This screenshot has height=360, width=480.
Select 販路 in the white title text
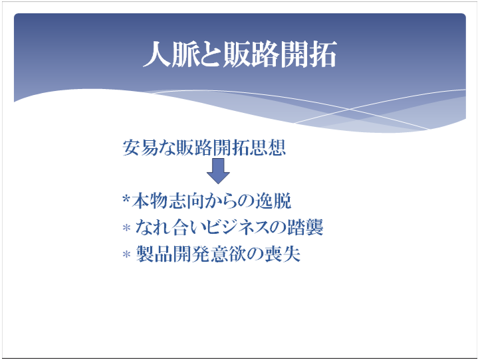coord(251,54)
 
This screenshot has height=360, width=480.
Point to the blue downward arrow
coord(218,171)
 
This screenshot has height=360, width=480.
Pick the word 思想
coord(267,147)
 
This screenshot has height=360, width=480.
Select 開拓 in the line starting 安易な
coord(231,147)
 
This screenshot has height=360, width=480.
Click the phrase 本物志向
coord(168,201)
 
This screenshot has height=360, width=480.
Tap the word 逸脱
coord(273,201)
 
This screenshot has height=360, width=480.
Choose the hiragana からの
coord(229,201)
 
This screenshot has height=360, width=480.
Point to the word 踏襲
coord(305,227)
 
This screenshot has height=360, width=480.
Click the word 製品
coord(154,254)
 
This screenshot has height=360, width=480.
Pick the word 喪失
coord(283,254)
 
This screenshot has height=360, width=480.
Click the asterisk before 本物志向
coord(126,199)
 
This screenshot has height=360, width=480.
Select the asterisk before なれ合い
coord(126,228)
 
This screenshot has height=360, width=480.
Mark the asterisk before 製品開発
coord(126,254)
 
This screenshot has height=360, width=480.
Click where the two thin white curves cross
coord(350,109)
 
